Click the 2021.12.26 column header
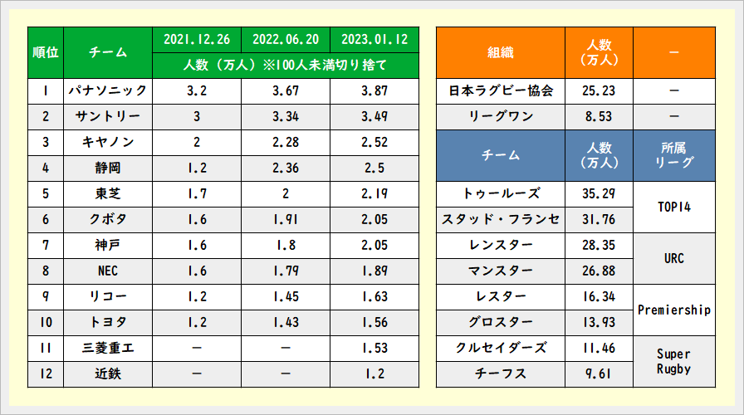(197, 39)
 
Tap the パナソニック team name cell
(107, 90)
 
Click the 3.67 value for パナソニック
(285, 90)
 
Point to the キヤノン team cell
(107, 142)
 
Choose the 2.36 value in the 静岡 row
(285, 168)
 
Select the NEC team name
(107, 271)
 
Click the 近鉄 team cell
(107, 373)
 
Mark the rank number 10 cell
(46, 322)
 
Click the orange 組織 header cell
(501, 52)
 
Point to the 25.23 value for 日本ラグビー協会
(599, 90)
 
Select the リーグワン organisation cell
(501, 116)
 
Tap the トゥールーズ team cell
(501, 193)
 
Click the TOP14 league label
(673, 207)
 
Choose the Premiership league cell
(673, 310)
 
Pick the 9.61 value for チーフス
(599, 373)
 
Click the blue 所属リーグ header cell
(673, 154)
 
